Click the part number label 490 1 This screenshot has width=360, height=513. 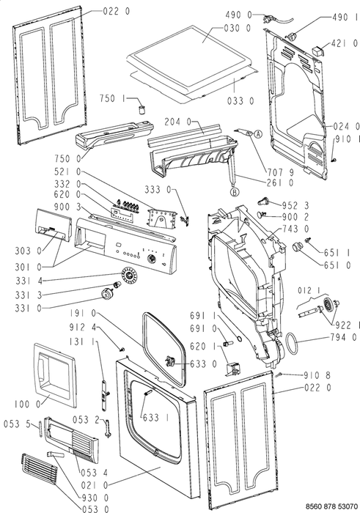pyautogui.click(x=345, y=17)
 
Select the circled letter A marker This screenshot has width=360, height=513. pyautogui.click(x=258, y=134)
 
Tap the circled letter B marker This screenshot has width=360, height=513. pyautogui.click(x=235, y=192)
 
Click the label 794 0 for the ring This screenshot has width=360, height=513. pyautogui.click(x=343, y=337)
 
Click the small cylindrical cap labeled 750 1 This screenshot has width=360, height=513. pyautogui.click(x=142, y=110)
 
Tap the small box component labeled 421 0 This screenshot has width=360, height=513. pyautogui.click(x=317, y=51)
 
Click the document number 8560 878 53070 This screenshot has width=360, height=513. pyautogui.click(x=331, y=506)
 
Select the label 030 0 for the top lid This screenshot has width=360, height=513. pyautogui.click(x=238, y=28)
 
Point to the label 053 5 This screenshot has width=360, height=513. pyautogui.click(x=17, y=424)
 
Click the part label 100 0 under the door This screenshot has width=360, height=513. pyautogui.click(x=28, y=405)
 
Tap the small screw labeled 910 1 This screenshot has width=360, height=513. pyautogui.click(x=334, y=159)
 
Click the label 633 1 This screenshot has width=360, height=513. pyautogui.click(x=155, y=418)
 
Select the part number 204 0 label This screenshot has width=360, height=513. pyautogui.click(x=177, y=122)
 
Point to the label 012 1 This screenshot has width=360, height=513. pyautogui.click(x=309, y=290)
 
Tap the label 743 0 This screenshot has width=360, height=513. pyautogui.click(x=296, y=229)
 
